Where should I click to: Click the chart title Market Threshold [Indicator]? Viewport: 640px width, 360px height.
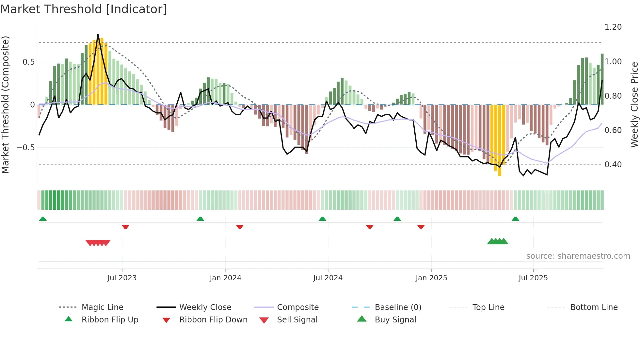[x=84, y=9]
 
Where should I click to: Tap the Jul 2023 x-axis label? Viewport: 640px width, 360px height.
[x=122, y=278]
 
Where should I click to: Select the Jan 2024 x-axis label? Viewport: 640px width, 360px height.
[x=225, y=278]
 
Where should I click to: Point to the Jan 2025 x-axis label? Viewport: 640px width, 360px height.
[x=431, y=278]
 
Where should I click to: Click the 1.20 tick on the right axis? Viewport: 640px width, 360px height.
[x=613, y=27]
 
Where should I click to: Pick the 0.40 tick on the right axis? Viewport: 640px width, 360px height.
[x=613, y=164]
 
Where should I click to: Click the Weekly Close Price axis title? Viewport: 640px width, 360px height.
[x=634, y=105]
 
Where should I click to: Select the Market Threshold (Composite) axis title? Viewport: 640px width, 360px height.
[x=5, y=105]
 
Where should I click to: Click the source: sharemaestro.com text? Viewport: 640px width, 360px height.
[x=578, y=256]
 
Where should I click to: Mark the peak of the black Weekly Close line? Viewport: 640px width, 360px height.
[x=98, y=35]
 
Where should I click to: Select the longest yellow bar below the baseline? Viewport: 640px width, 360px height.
[x=500, y=140]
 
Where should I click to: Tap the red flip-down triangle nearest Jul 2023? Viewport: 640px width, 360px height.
[x=125, y=227]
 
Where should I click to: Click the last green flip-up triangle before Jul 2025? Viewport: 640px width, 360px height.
[x=515, y=219]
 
